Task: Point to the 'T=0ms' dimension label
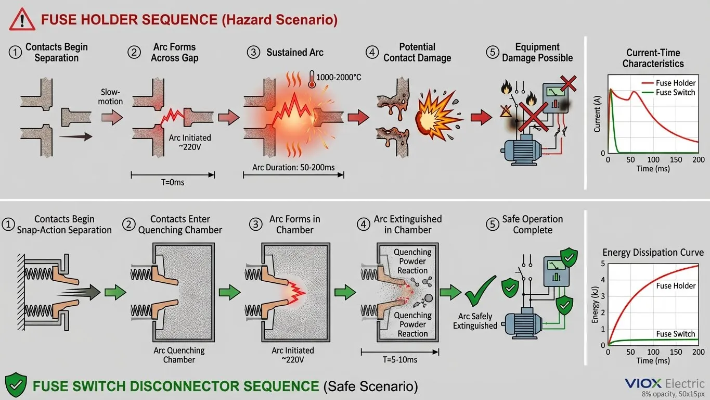pyautogui.click(x=172, y=183)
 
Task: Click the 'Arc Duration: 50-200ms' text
pyautogui.click(x=293, y=167)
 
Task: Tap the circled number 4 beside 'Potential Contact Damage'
pyautogui.click(x=372, y=53)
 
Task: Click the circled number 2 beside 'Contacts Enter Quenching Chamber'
pyautogui.click(x=128, y=224)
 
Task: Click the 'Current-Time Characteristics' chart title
pyautogui.click(x=653, y=58)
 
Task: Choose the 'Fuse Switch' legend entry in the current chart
pyautogui.click(x=675, y=92)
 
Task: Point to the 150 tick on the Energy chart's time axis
pyautogui.click(x=676, y=353)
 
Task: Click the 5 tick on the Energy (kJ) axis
pyautogui.click(x=602, y=263)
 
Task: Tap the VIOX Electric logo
pyautogui.click(x=664, y=383)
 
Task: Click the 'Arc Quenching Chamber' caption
pyautogui.click(x=179, y=355)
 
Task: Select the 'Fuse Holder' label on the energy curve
pyautogui.click(x=676, y=285)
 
